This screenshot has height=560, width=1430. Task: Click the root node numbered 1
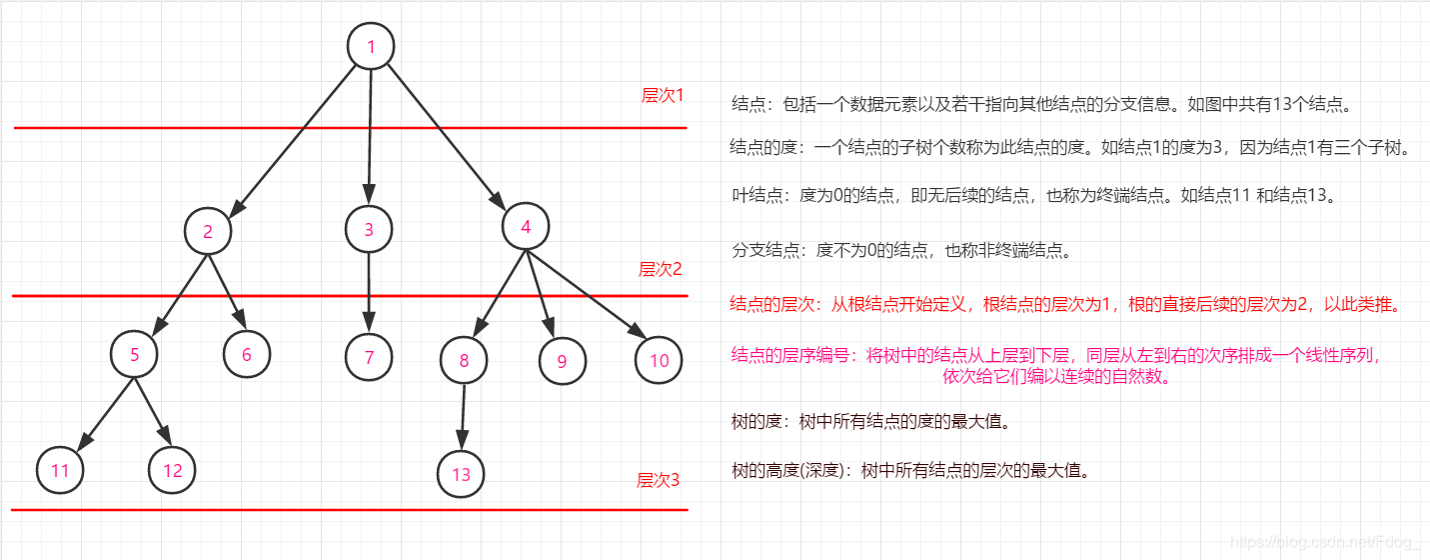click(x=371, y=46)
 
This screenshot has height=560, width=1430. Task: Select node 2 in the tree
click(x=208, y=231)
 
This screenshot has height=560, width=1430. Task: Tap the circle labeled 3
click(x=369, y=229)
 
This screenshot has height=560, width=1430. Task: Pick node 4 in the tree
click(x=526, y=227)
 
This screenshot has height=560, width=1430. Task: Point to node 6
click(x=247, y=353)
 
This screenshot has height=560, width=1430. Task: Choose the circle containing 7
click(x=369, y=357)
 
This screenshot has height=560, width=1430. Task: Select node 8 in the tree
click(x=464, y=360)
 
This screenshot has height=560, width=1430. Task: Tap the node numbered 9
click(x=562, y=361)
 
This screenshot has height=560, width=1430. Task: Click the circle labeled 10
click(x=659, y=360)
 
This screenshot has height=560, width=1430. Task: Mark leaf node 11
click(x=60, y=470)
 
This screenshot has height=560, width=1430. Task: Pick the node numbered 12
click(x=173, y=469)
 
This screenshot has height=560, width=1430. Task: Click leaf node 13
click(x=461, y=474)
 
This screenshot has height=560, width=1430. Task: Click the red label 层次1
click(x=663, y=96)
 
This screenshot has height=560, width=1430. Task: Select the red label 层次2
click(x=661, y=269)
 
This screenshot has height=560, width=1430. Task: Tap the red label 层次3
click(x=659, y=480)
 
